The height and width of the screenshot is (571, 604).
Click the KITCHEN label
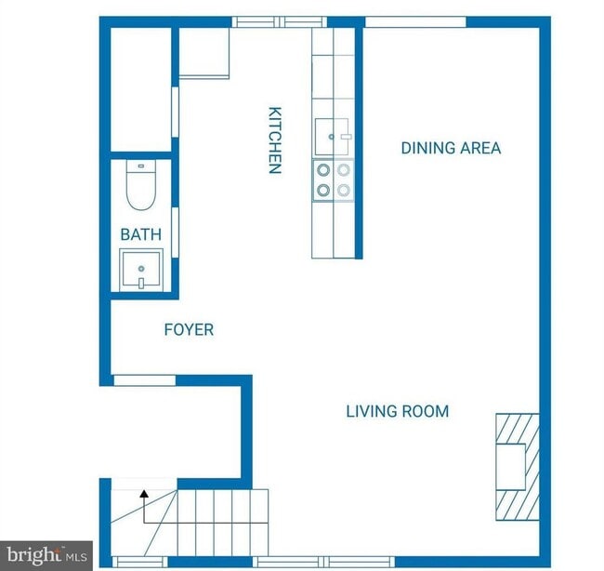click(x=275, y=140)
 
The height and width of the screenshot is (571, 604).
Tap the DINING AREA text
click(x=451, y=148)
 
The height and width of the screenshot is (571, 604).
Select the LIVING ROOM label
click(x=398, y=411)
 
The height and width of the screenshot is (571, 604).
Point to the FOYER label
click(x=189, y=329)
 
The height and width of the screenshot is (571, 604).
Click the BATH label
click(x=141, y=234)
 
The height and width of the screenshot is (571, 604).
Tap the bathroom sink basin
click(x=141, y=270)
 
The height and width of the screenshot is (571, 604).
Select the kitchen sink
click(x=332, y=137)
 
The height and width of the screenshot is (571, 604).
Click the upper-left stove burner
click(x=323, y=169)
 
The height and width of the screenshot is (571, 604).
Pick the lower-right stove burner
click(x=344, y=190)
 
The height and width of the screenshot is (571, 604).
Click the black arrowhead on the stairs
click(x=144, y=493)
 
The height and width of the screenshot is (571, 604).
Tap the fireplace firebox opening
click(x=511, y=467)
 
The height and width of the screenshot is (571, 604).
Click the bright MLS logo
click(x=46, y=555)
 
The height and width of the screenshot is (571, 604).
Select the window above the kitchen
click(x=280, y=22)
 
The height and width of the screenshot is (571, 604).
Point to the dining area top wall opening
click(x=415, y=22)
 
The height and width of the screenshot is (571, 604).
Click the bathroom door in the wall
click(x=175, y=232)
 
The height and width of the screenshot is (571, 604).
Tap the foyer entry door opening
click(x=144, y=380)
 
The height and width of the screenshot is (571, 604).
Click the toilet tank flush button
click(x=141, y=166)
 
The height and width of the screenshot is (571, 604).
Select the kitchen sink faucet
click(x=346, y=137)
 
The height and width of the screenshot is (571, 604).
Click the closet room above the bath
click(x=141, y=89)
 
